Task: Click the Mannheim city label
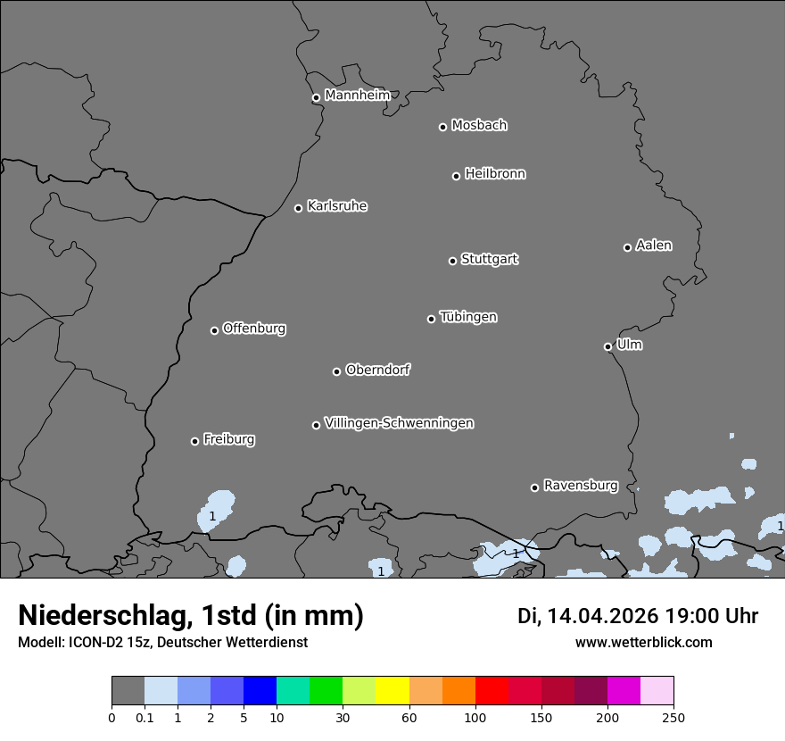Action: click(357, 96)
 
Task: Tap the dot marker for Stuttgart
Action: click(452, 261)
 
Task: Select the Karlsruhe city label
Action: click(337, 206)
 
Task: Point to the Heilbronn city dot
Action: click(456, 176)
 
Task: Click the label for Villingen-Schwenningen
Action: click(399, 423)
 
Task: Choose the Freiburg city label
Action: click(228, 439)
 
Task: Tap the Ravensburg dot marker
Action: click(534, 487)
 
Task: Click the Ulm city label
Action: click(629, 345)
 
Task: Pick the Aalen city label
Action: click(654, 246)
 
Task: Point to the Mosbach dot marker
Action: click(442, 127)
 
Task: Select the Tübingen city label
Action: click(468, 317)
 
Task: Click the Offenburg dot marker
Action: click(214, 330)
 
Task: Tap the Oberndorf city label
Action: click(377, 370)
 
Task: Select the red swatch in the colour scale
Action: click(492, 691)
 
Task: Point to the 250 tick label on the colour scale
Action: click(673, 717)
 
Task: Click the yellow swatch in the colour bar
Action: click(392, 691)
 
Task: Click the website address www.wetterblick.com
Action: click(643, 642)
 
